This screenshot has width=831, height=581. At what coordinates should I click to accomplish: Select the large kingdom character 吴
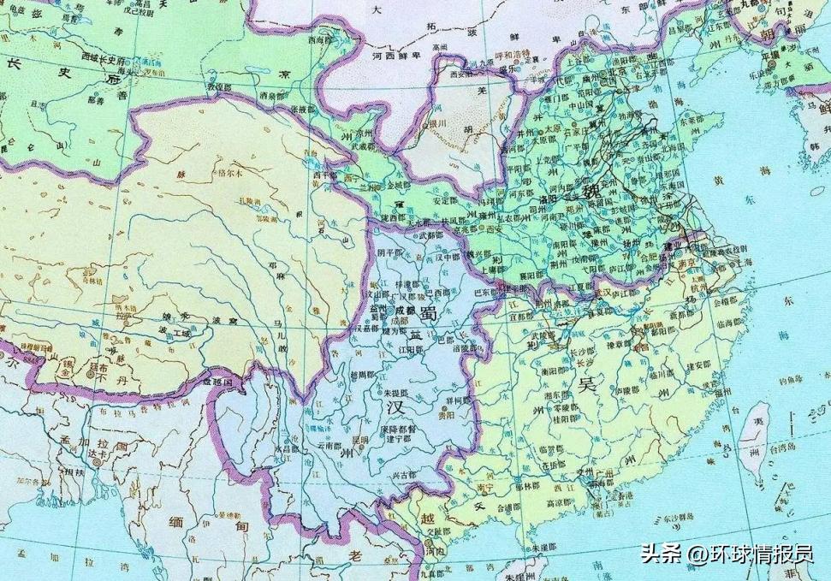(x=587, y=383)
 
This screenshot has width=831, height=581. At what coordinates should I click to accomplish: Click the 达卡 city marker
(x=98, y=461)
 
